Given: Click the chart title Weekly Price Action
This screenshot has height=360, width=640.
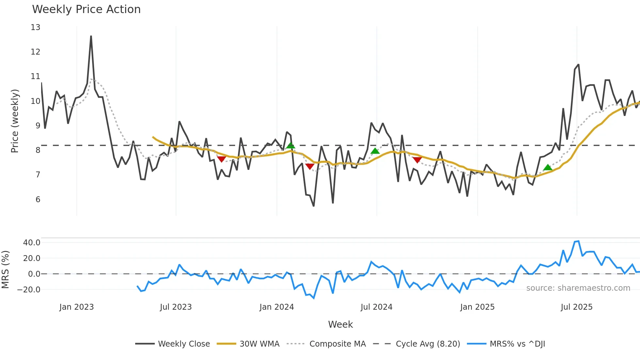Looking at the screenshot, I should (86, 9).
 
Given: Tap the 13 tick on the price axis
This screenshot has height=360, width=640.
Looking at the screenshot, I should (36, 27).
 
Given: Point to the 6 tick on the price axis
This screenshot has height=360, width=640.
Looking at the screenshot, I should (38, 200).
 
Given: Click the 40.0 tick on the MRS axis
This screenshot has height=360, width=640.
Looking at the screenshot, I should (32, 243).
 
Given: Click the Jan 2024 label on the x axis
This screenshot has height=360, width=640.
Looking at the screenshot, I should (277, 307).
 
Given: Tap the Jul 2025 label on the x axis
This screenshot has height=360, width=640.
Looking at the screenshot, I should (576, 307).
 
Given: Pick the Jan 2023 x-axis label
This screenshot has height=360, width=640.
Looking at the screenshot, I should (76, 307).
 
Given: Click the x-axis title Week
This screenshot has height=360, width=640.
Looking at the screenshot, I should (340, 324).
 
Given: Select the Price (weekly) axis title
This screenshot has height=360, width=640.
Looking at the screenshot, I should (15, 121).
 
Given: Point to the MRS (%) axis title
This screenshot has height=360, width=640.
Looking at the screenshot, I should (5, 270).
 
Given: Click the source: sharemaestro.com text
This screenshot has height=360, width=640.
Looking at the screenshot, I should (578, 288).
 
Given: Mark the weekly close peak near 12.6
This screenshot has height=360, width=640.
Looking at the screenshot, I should (91, 36).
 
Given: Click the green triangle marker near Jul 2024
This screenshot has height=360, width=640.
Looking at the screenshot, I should (375, 151).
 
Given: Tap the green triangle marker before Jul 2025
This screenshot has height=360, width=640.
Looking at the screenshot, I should (548, 168).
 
